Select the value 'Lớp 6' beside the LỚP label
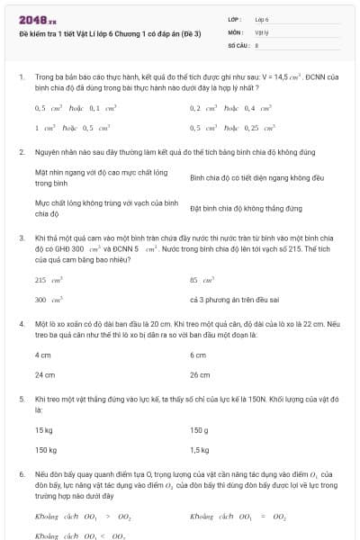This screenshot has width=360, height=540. pyautogui.click(x=262, y=19)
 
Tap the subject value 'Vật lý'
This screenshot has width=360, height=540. pyautogui.click(x=262, y=31)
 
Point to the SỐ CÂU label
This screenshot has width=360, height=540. pyautogui.click(x=238, y=43)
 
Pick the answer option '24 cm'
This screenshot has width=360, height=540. pyautogui.click(x=45, y=373)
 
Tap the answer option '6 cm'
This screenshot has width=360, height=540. pyautogui.click(x=198, y=355)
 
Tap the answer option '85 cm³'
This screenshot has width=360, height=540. pyautogui.click(x=202, y=280)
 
